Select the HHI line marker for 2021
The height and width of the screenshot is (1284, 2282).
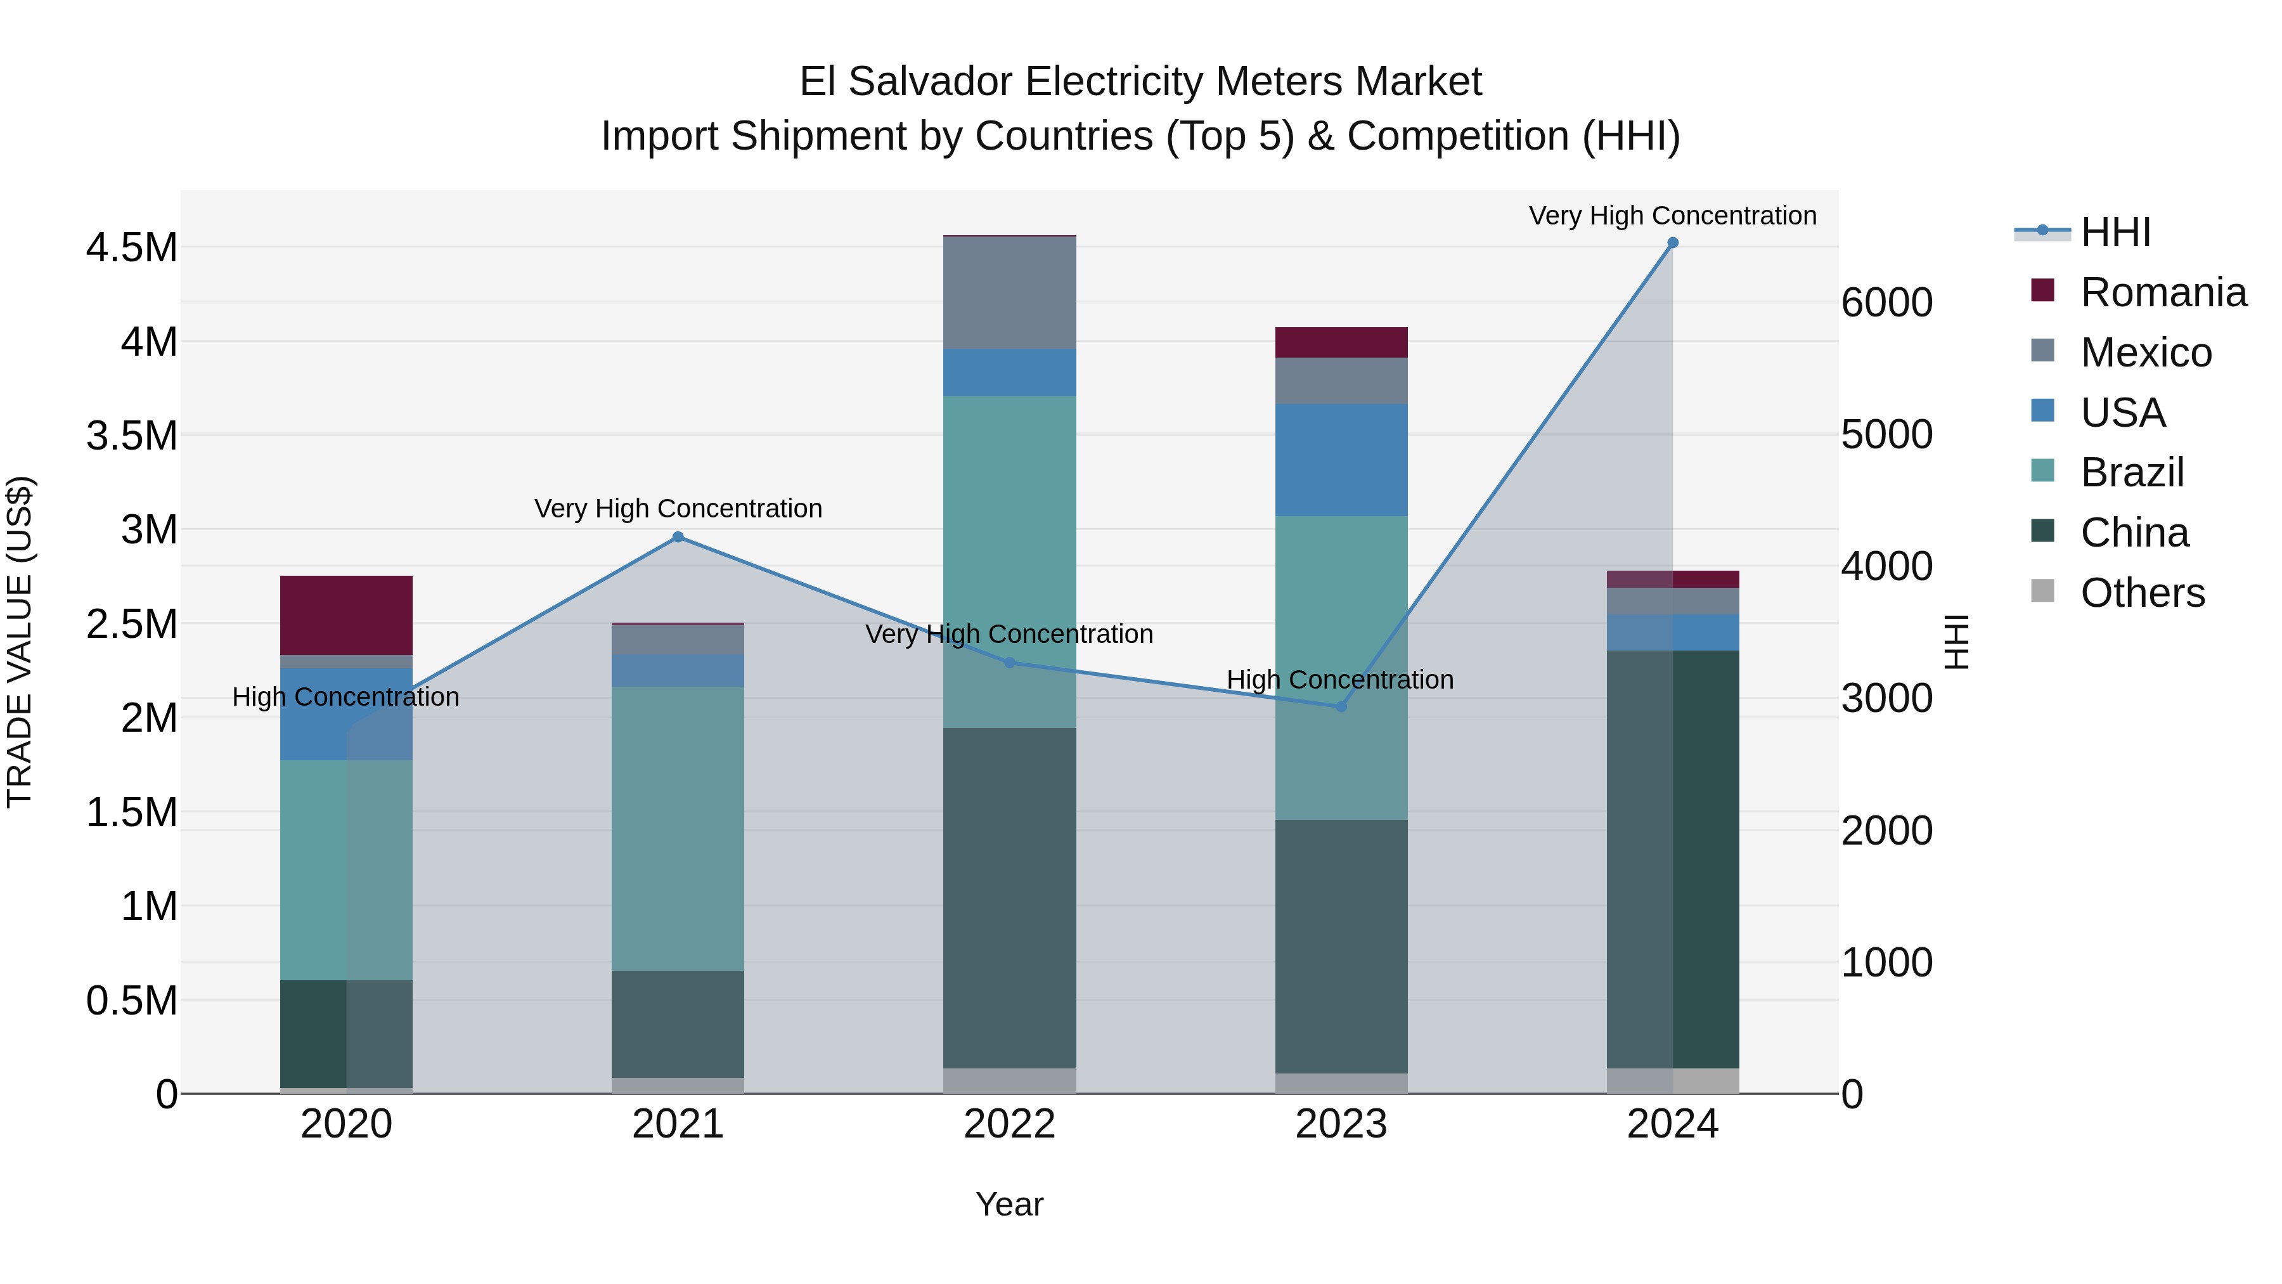click(678, 537)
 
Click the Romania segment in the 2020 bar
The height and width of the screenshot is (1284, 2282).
click(345, 615)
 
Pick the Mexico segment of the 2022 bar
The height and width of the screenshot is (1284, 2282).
click(1009, 292)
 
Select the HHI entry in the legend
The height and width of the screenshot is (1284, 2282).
click(2115, 232)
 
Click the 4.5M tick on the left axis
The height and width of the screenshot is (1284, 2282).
click(131, 247)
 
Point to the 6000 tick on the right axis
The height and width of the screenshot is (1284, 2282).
click(1886, 303)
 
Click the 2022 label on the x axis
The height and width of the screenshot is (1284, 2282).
click(1009, 1124)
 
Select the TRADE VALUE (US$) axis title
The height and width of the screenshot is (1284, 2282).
click(20, 642)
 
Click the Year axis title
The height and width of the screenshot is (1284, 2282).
click(1009, 1204)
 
